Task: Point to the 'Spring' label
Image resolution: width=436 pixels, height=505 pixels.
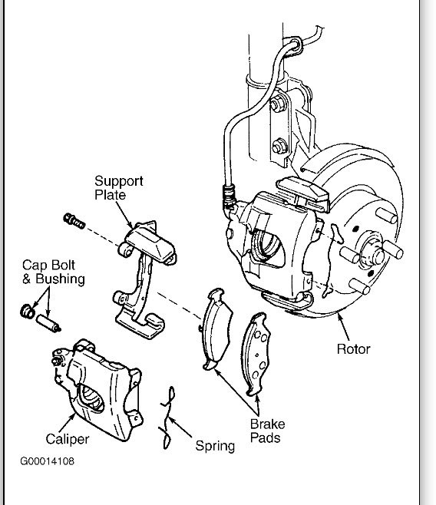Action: coord(215,445)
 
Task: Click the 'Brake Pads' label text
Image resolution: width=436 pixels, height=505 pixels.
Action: coord(266,431)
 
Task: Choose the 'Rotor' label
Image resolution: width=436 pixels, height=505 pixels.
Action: coord(353,349)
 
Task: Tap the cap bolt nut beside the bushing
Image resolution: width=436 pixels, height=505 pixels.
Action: coord(26,311)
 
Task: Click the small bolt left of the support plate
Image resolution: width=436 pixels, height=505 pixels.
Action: coord(74,221)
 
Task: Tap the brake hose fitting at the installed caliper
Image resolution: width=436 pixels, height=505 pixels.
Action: coord(226,196)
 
